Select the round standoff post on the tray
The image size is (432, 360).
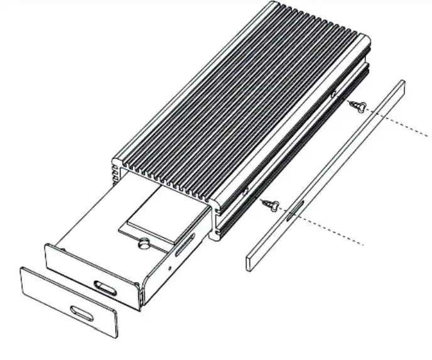pyautogui.click(x=144, y=243)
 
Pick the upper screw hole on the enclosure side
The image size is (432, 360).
pyautogui.click(x=333, y=95)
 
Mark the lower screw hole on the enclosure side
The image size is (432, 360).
pyautogui.click(x=246, y=189)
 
